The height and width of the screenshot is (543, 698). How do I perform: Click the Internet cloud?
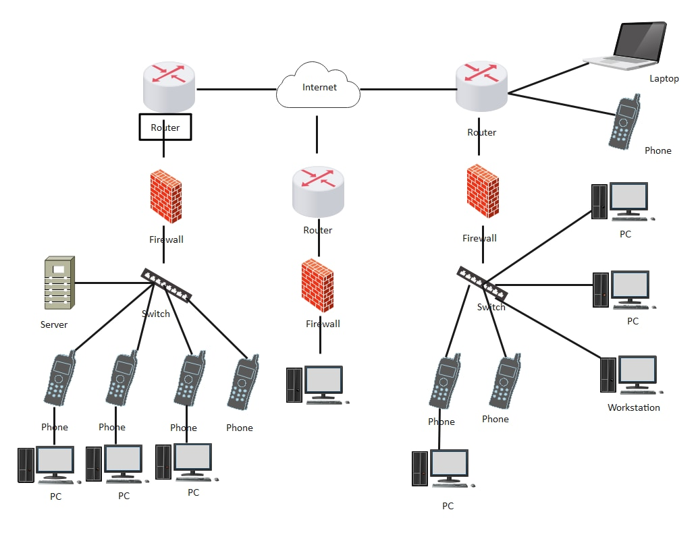[x=318, y=86]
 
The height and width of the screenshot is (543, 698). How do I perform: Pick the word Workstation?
[x=633, y=407]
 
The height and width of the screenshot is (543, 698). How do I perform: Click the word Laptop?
[x=664, y=78]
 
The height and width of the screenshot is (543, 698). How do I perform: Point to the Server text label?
[x=54, y=324]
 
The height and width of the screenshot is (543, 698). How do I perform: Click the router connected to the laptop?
[x=481, y=86]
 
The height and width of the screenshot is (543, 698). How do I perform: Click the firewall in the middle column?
[x=317, y=285]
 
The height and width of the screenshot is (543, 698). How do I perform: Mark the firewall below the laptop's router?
[x=483, y=192]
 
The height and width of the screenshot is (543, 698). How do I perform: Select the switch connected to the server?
[x=166, y=285]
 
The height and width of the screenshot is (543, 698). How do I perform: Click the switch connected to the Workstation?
[x=482, y=283]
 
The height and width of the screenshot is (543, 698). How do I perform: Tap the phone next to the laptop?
[x=624, y=122]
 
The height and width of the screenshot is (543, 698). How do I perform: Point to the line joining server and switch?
[x=108, y=283]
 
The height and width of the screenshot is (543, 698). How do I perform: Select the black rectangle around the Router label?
[x=140, y=127]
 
